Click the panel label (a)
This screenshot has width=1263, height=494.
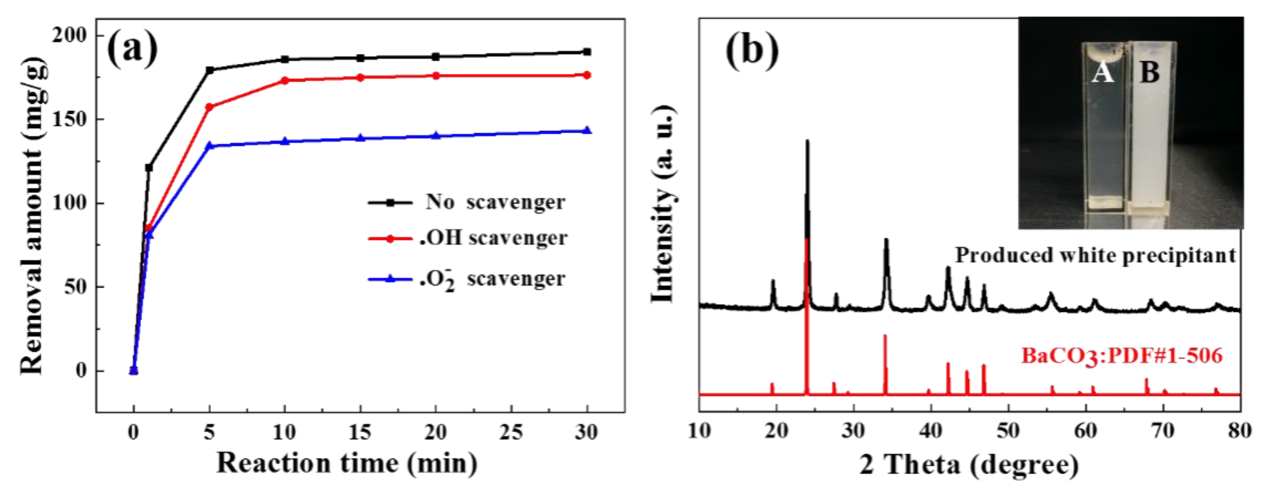132,49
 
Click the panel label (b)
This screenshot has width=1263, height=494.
752,50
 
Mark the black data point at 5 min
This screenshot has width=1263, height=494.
210,70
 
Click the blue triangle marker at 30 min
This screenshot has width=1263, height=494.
587,130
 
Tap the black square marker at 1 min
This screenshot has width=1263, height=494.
149,168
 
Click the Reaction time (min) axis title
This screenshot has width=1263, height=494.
347,463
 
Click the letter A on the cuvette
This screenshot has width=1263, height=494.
1103,73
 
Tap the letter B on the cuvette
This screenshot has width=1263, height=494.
1150,73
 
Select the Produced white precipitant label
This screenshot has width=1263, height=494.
1095,255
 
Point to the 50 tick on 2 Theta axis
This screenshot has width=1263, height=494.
1008,431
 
